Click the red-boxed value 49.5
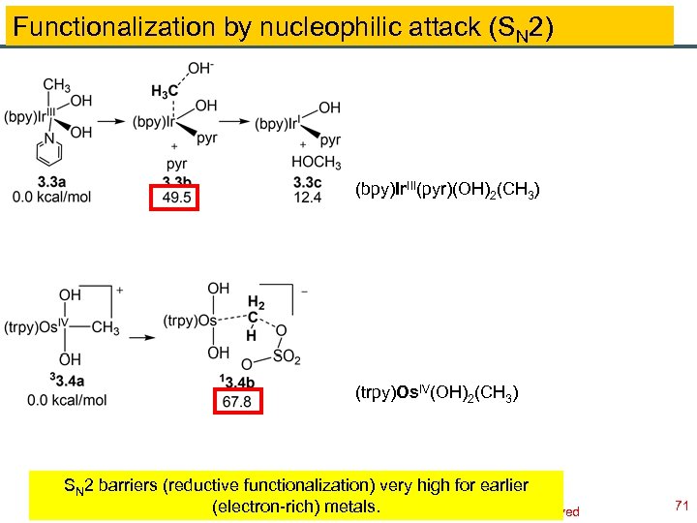point(176,199)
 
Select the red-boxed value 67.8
point(236,400)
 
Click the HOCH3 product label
point(316,162)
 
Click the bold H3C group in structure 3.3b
point(164,90)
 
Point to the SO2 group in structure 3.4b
point(288,357)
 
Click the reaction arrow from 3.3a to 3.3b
point(116,122)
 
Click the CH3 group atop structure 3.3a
point(56,85)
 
